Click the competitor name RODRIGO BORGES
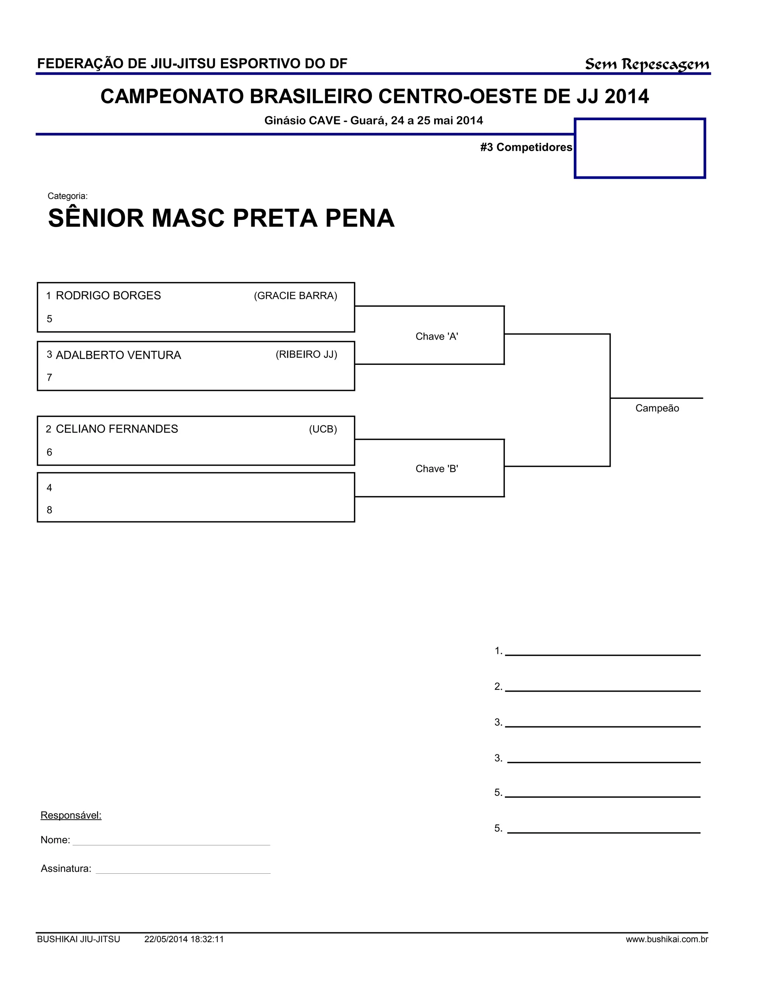tap(108, 296)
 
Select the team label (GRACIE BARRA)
tap(295, 296)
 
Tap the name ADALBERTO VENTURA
tap(118, 355)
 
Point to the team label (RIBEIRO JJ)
tap(306, 354)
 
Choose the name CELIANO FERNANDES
tap(117, 429)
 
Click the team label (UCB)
tap(323, 429)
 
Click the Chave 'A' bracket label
tap(437, 337)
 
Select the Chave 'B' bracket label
tap(437, 468)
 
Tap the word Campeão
tap(656, 408)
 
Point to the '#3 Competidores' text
tap(526, 147)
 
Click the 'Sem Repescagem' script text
tap(647, 65)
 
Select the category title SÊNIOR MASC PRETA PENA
tap(221, 218)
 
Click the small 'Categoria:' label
tap(67, 196)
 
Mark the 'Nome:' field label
tap(55, 840)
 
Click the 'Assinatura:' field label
tap(66, 868)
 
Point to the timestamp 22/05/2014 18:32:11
tap(184, 939)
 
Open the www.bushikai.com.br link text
tap(667, 939)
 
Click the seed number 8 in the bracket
tap(50, 510)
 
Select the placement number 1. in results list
tap(498, 651)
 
